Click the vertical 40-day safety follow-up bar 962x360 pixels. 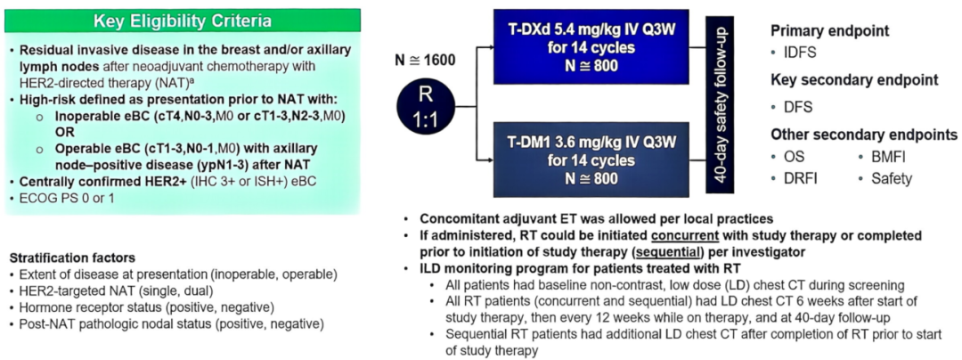(x=722, y=104)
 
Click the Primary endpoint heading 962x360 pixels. (x=829, y=30)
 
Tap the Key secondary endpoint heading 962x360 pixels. (x=853, y=79)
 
